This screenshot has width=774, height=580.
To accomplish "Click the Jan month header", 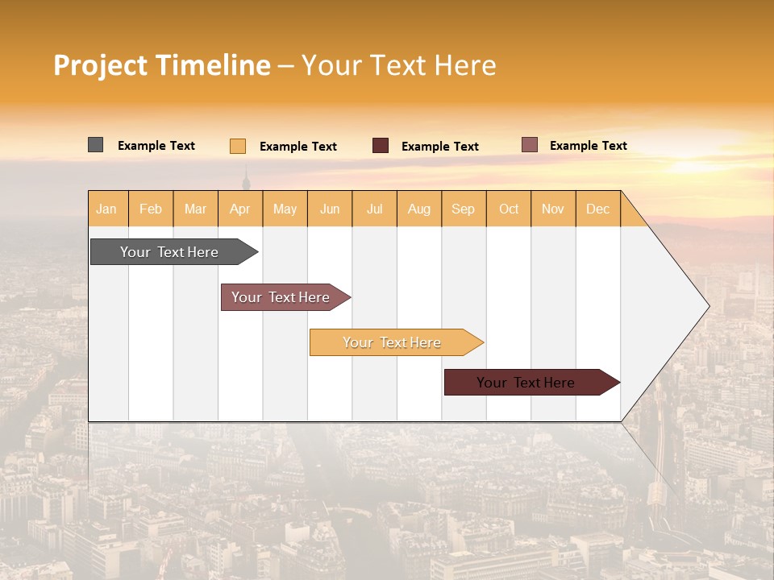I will [106, 209].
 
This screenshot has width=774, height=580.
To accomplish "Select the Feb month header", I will [151, 209].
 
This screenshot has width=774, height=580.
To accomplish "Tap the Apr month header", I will [240, 209].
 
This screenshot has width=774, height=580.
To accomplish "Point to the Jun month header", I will [330, 209].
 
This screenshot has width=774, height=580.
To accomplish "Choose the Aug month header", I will [419, 209].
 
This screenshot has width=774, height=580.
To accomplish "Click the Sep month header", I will [464, 209].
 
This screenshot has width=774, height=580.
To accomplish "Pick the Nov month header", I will [553, 209].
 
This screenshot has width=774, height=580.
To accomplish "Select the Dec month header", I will [598, 209].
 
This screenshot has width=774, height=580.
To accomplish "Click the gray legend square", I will [96, 145].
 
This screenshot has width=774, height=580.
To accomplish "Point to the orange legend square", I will [238, 146].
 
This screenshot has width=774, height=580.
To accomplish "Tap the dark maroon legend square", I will [381, 146].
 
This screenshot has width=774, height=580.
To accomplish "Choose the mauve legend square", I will [530, 145].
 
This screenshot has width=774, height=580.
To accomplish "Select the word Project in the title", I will [100, 65].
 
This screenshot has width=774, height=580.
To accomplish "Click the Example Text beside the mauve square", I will [589, 146].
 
